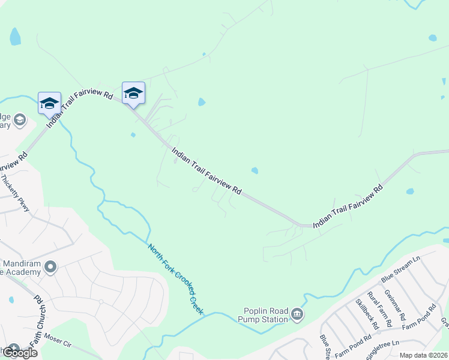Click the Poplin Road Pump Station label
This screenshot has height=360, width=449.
coord(266,314)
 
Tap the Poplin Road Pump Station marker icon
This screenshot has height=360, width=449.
coord(297,314)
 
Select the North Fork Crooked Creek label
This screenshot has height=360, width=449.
coord(176,279)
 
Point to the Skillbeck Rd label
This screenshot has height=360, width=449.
coord(367,314)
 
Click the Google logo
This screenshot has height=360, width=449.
coord(19,353)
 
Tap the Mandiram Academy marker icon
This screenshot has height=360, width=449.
coord(50,266)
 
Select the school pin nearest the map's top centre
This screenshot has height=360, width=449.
coord(133,92)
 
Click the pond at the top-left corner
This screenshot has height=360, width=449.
coord(15,37)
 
